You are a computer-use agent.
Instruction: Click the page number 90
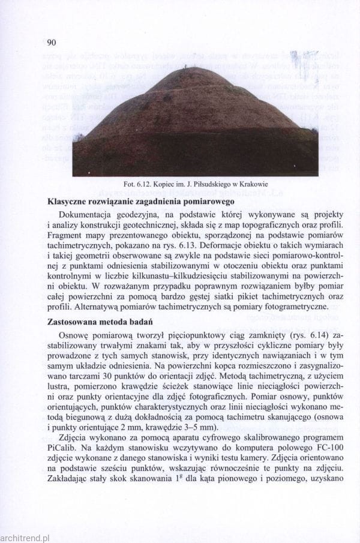50,43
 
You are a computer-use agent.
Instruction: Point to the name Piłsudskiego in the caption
206,184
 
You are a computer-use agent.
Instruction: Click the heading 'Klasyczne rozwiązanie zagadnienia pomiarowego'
144,202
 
